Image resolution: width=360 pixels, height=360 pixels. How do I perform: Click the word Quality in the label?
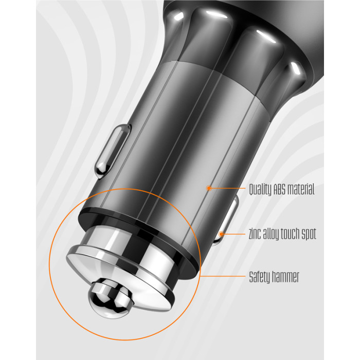point(260,190)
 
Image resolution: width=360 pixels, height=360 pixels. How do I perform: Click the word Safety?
point(259,277)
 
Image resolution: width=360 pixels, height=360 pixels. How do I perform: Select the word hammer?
point(285,277)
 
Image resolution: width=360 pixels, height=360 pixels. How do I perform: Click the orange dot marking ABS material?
point(209,188)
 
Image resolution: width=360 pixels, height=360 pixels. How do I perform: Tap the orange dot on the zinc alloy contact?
point(221,234)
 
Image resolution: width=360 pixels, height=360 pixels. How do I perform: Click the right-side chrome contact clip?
point(226,221)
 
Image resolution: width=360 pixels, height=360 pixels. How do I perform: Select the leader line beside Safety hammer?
point(223,276)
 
